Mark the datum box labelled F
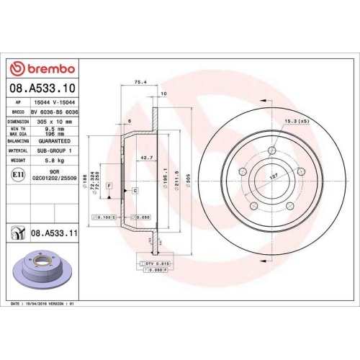(x=109, y=186)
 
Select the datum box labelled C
(x=135, y=190)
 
